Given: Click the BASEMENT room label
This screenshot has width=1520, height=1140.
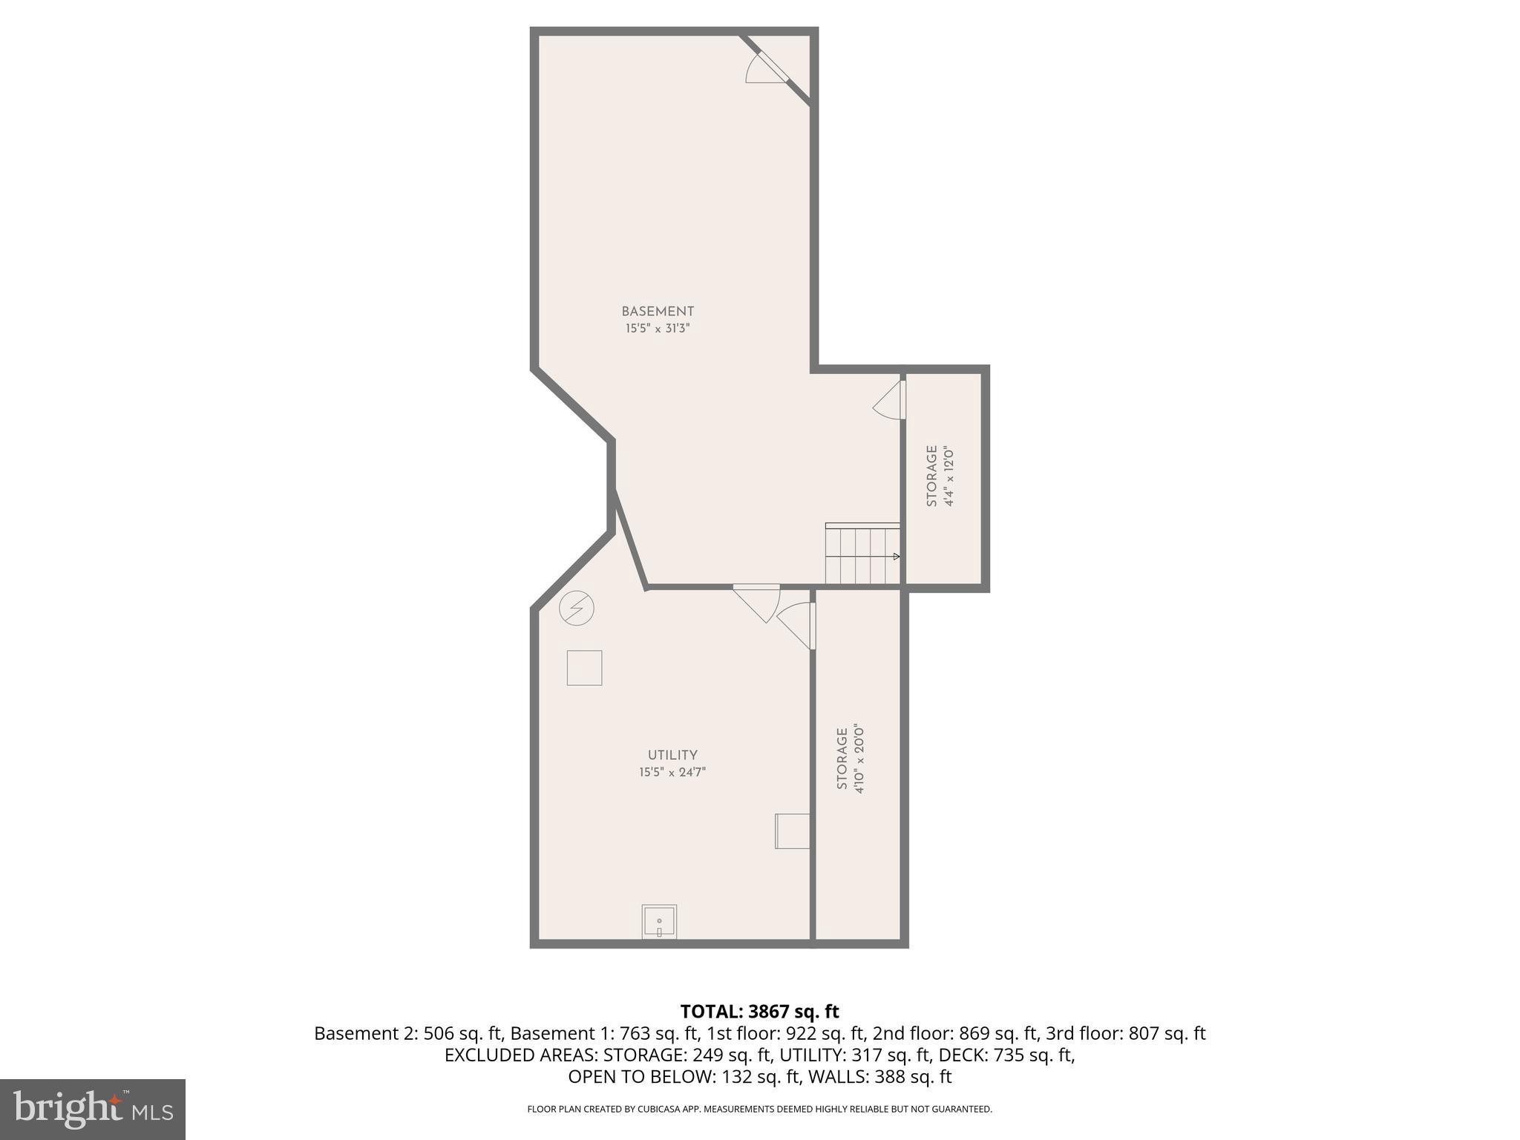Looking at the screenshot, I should [x=658, y=312].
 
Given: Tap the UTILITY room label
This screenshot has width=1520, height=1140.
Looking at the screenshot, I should [x=672, y=756].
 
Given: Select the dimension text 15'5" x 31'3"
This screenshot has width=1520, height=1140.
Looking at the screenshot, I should [x=658, y=328].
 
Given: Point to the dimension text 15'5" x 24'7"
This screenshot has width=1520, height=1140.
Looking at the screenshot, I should [x=672, y=772].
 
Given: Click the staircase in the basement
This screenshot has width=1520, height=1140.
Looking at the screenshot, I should [x=862, y=554].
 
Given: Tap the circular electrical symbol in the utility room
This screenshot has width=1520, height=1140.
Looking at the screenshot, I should [x=577, y=609].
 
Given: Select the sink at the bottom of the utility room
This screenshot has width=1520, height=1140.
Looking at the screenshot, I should [x=659, y=922].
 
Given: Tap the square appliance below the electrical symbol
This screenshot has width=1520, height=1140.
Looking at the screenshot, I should [x=584, y=668].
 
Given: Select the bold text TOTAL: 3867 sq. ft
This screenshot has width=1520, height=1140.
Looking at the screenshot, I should [x=759, y=1012].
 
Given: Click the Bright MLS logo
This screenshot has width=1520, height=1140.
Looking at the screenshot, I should [x=92, y=1110].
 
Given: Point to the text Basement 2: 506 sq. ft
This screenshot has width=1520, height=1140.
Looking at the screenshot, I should [x=409, y=1033].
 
